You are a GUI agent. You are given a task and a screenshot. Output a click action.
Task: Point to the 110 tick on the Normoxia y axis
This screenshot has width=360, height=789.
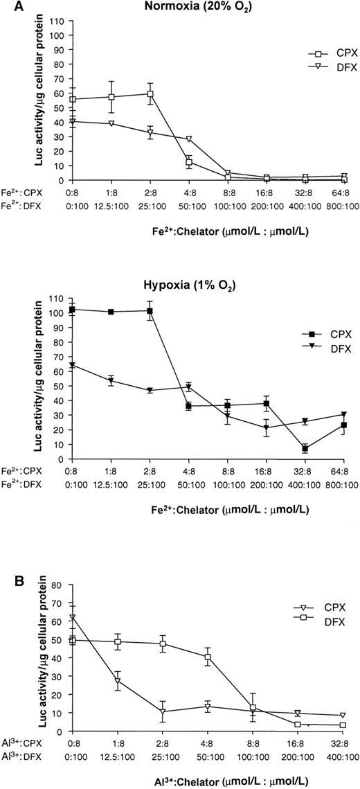[57, 21]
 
